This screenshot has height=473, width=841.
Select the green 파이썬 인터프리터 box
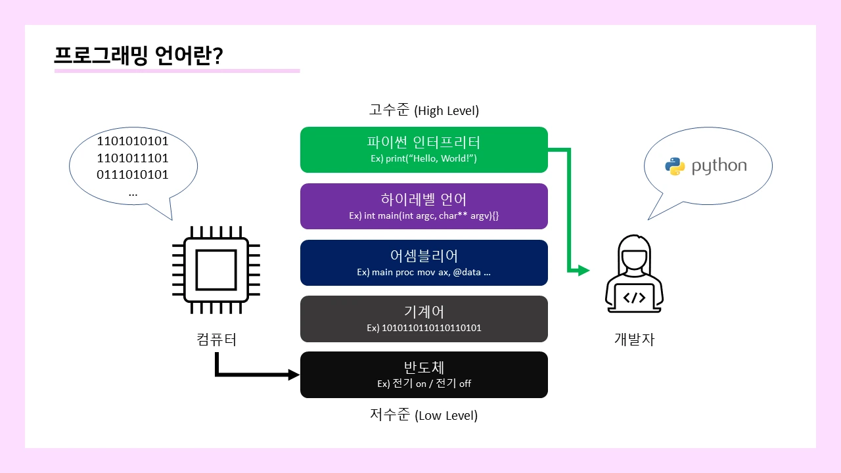pyautogui.click(x=424, y=150)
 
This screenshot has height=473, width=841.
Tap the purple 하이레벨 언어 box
pyautogui.click(x=424, y=206)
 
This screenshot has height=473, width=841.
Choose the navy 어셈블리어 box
pyautogui.click(x=424, y=263)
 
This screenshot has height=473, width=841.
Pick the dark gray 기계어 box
pyautogui.click(x=424, y=319)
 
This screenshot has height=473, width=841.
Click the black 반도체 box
pyautogui.click(x=424, y=374)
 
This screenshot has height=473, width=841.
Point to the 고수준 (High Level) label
pyautogui.click(x=424, y=110)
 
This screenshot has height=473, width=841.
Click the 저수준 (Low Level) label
pyautogui.click(x=424, y=415)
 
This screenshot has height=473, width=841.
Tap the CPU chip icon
pyautogui.click(x=216, y=270)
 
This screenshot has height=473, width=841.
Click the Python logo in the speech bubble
pyautogui.click(x=675, y=166)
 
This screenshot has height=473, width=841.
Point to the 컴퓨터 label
pyautogui.click(x=216, y=340)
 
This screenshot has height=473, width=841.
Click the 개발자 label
pyautogui.click(x=634, y=340)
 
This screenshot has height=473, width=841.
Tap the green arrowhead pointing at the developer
pyautogui.click(x=583, y=270)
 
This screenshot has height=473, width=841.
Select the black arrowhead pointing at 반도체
pyautogui.click(x=294, y=375)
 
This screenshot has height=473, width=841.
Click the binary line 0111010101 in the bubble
pyautogui.click(x=133, y=175)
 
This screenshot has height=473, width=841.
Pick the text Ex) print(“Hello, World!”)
pyautogui.click(x=424, y=159)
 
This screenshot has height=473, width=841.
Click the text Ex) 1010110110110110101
pyautogui.click(x=424, y=327)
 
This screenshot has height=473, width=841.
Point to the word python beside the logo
pyautogui.click(x=719, y=166)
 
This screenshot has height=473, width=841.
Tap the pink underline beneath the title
pyautogui.click(x=177, y=70)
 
